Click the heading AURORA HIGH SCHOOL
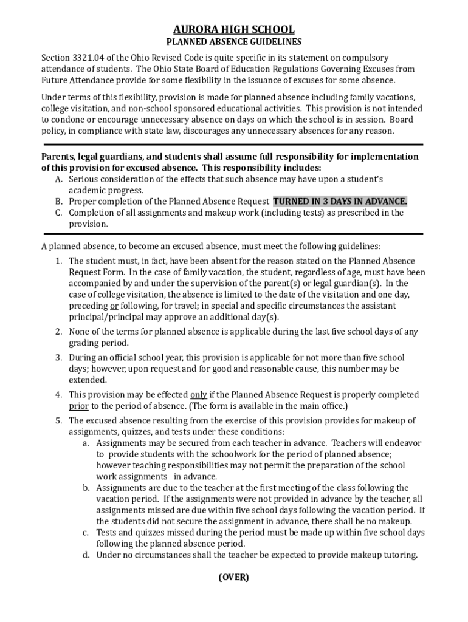coord(234,29)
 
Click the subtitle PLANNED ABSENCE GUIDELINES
coord(234,42)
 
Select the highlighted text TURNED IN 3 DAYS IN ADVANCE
coord(340,202)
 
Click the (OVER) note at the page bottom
coord(234,577)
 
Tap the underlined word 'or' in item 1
coord(114,306)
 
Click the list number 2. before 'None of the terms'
coord(59,332)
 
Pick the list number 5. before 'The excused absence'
coord(59,420)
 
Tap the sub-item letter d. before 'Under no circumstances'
coord(87,555)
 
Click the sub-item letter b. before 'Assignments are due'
coord(87,488)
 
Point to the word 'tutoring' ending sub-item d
coord(399,555)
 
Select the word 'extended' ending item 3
coord(88,380)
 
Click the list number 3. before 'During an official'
coord(59,358)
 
